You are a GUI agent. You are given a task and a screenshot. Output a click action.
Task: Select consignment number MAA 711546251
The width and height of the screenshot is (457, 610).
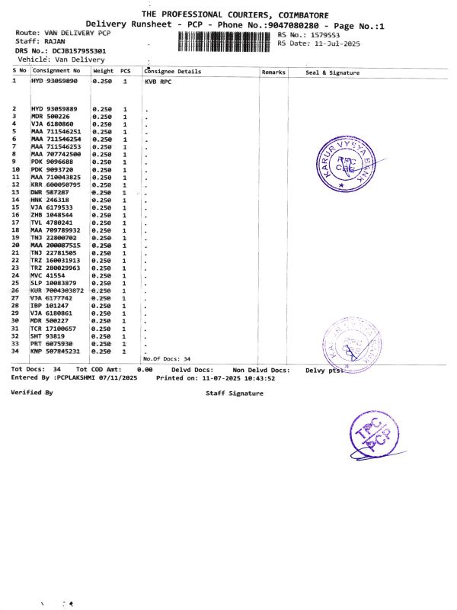pos(55,131)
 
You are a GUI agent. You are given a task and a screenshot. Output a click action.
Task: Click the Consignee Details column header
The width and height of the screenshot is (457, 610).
pos(173,72)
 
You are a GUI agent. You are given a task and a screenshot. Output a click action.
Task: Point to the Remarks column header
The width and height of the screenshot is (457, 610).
pos(273,72)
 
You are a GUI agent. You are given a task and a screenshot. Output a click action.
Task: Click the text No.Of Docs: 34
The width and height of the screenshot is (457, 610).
pos(167,358)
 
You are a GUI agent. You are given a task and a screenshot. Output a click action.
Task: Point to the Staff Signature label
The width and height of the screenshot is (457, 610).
pos(235,393)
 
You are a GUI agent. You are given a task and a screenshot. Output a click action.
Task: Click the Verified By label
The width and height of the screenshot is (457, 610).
pos(32,392)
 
